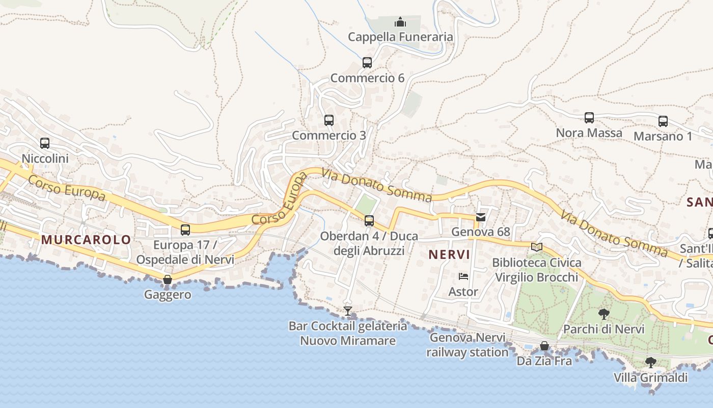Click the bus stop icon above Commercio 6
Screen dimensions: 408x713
[x=367, y=63]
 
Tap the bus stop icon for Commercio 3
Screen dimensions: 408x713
[x=329, y=120]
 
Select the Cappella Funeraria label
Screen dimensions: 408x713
[x=400, y=37]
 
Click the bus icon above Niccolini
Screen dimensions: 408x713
[x=45, y=143]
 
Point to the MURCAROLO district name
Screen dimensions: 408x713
[x=86, y=240]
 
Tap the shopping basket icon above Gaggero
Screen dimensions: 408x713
[x=167, y=279]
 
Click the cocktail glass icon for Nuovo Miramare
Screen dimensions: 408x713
[x=348, y=311]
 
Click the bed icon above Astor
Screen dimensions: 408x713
[x=463, y=276]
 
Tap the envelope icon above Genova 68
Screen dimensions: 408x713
[x=480, y=217]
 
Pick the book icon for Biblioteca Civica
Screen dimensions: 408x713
[x=537, y=247]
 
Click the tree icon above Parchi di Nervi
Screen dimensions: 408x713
[x=604, y=314]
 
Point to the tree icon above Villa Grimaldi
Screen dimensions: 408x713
[x=650, y=363]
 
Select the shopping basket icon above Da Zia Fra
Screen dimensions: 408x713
[x=544, y=346]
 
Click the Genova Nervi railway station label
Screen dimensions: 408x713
[x=468, y=345]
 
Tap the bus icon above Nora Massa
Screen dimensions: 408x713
[x=589, y=118]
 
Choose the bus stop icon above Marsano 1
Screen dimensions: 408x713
[x=663, y=121]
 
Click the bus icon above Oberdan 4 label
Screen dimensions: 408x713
[x=369, y=221]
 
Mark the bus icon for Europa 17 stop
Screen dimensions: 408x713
[x=185, y=229]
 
